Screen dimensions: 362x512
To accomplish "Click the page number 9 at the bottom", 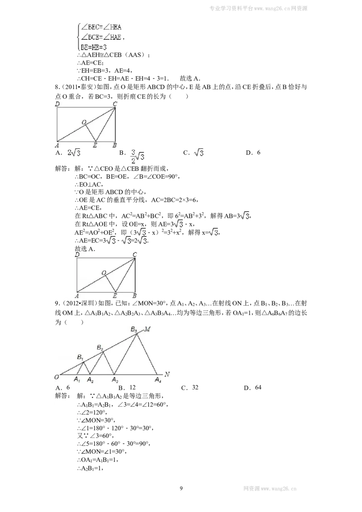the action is pyautogui.click(x=181, y=488).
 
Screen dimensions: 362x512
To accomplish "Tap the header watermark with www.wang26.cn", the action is pyautogui.click(x=258, y=9).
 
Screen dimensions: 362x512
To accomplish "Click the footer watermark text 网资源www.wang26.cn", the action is pyautogui.click(x=270, y=489).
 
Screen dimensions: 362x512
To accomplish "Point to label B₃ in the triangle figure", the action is pyautogui.click(x=134, y=329).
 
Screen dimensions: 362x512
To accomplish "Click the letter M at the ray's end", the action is pyautogui.click(x=148, y=329).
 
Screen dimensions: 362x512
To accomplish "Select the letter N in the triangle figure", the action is pyautogui.click(x=167, y=374).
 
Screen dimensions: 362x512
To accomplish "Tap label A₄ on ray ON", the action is pyautogui.click(x=158, y=380).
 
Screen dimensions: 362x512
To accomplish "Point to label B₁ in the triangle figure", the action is pyautogui.click(x=80, y=357).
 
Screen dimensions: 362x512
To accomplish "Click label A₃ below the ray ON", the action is pyautogui.click(x=115, y=380).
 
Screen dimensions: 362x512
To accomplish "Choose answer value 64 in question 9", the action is pyautogui.click(x=258, y=387).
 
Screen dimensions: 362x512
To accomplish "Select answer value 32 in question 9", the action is pyautogui.click(x=195, y=387).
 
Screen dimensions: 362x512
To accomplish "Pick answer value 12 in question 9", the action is pyautogui.click(x=132, y=387).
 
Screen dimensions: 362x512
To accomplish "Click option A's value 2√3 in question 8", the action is pyautogui.click(x=74, y=152).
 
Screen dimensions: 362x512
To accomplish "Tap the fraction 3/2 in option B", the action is pyautogui.click(x=133, y=156).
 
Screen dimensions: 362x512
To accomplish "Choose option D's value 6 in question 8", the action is pyautogui.click(x=258, y=152).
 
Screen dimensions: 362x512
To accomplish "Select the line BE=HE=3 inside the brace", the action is pyautogui.click(x=93, y=47).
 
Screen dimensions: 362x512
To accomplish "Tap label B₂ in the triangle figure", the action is pyautogui.click(x=100, y=348).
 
